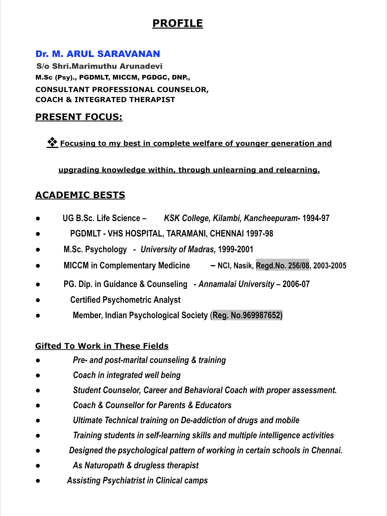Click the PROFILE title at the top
[177, 24]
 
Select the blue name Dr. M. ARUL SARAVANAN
[97, 54]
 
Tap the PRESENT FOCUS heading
[79, 117]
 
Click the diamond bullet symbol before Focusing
[52, 142]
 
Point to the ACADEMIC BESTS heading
[80, 195]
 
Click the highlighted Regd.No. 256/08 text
[282, 266]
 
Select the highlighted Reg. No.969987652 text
[247, 315]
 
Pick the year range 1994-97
[316, 218]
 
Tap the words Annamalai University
[236, 284]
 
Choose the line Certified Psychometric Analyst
[125, 300]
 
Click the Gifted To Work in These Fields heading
[102, 346]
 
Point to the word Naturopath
[104, 465]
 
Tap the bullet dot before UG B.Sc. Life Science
[38, 219]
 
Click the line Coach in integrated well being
[126, 375]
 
